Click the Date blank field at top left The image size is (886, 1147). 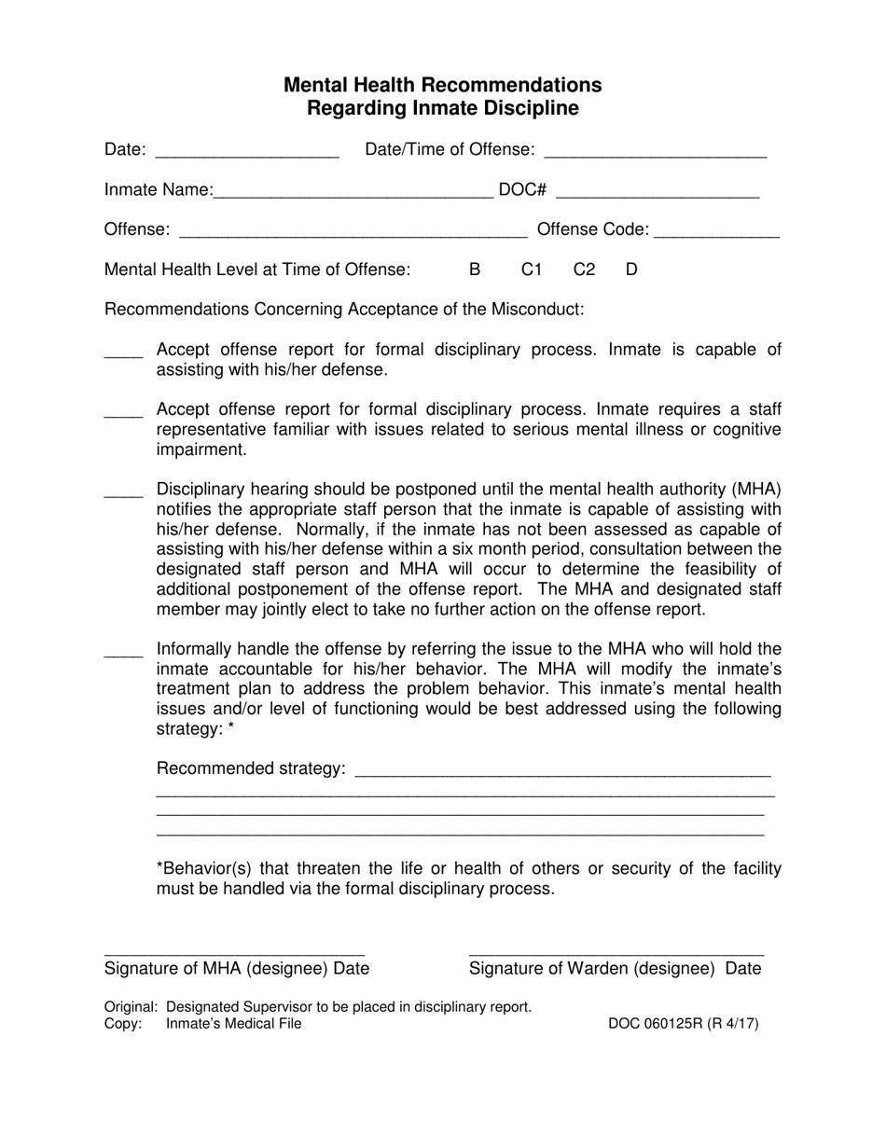click(247, 150)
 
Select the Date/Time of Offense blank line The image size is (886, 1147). click(654, 150)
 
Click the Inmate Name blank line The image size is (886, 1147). click(353, 190)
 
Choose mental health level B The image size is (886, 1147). click(475, 269)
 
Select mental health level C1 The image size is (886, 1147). click(531, 269)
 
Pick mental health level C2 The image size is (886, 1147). click(584, 269)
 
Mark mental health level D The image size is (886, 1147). click(631, 269)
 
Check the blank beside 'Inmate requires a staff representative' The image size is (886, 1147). click(123, 411)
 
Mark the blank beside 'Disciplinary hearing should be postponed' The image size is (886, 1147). click(123, 491)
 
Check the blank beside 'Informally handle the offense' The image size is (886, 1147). click(123, 651)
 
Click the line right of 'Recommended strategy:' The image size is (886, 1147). click(563, 770)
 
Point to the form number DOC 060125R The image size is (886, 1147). click(683, 1024)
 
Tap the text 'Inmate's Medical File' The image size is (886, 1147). click(234, 1024)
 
